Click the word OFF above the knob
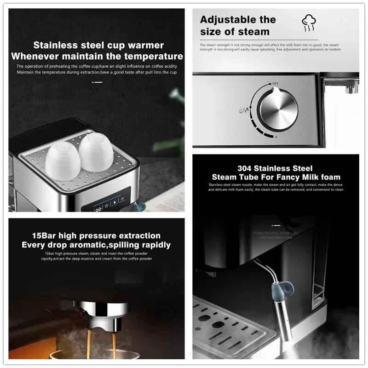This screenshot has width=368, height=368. (275, 84)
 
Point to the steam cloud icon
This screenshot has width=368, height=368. (308, 22)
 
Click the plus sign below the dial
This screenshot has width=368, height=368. (276, 137)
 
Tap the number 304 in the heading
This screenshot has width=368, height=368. (247, 168)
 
